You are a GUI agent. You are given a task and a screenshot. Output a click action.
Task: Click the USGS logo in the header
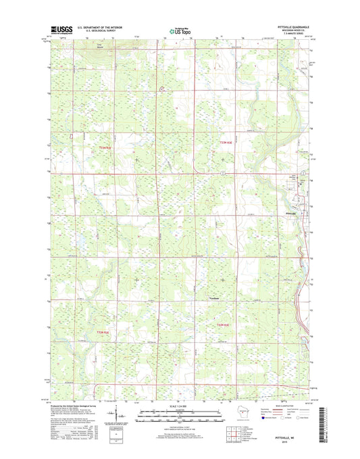coord(61,30)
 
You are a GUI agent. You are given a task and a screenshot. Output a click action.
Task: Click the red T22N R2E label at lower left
coord(102,332)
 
